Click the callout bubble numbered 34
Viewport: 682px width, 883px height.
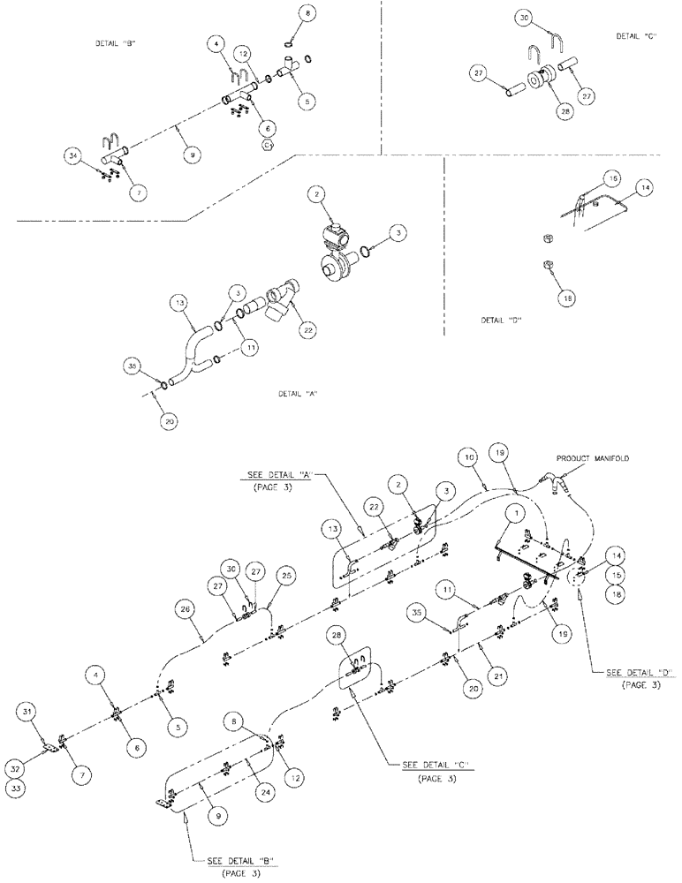tap(72, 156)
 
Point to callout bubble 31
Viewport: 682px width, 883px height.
tap(28, 713)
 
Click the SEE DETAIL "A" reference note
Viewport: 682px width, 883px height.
tap(280, 474)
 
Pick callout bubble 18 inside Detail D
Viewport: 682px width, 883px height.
tap(566, 298)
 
